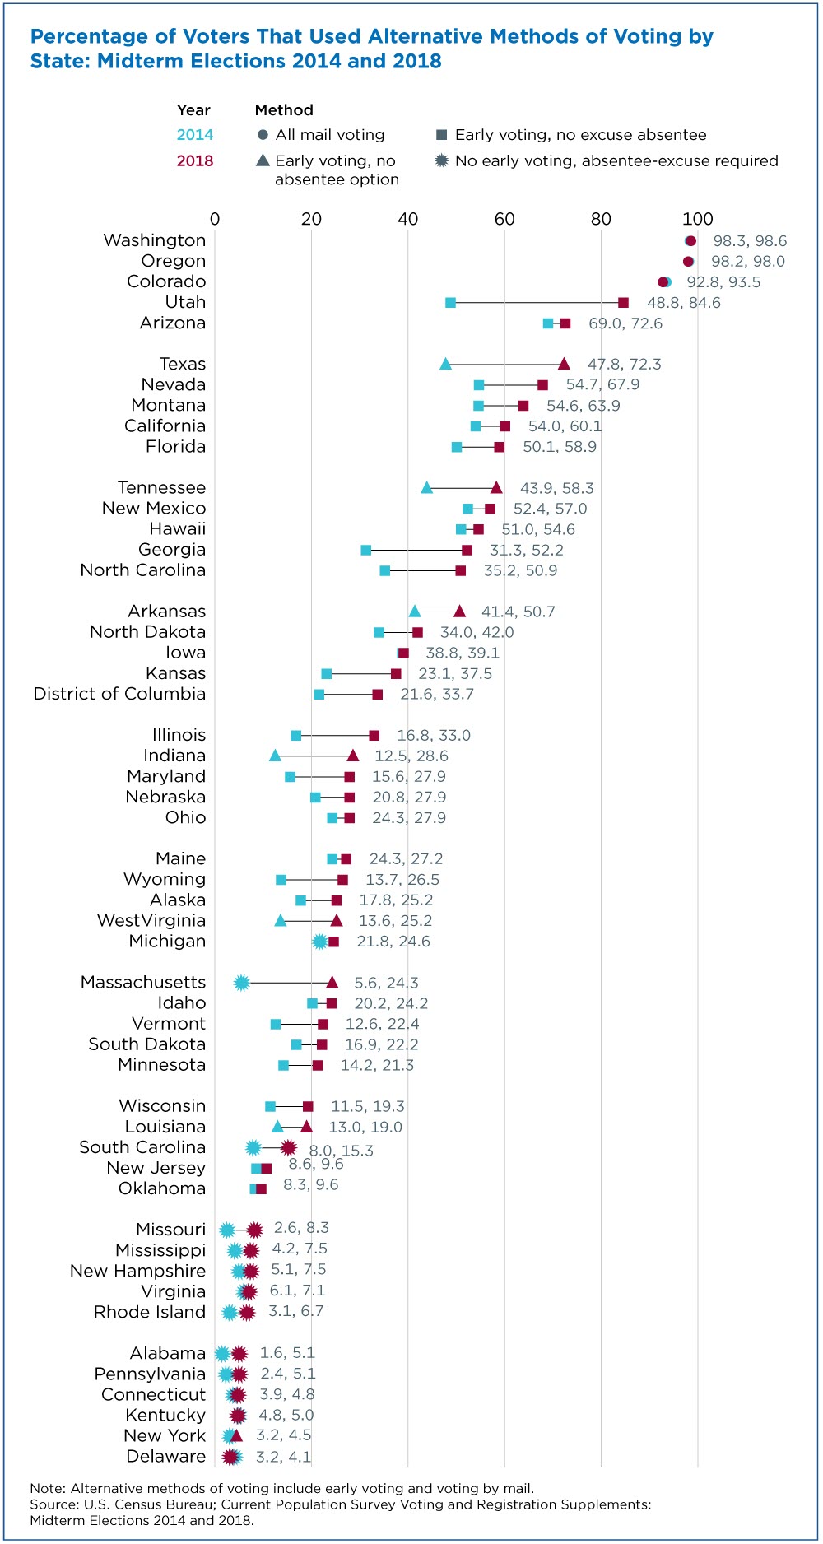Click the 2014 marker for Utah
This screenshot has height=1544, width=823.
coord(450,303)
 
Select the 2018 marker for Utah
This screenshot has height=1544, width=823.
coord(623,303)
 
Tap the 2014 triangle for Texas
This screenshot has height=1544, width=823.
coord(445,364)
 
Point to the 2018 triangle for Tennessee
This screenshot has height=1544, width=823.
coord(496,487)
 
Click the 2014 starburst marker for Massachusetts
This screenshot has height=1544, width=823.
coord(241,983)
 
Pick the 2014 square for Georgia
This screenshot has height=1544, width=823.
coord(365,550)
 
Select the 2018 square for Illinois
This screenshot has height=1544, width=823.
coord(374,736)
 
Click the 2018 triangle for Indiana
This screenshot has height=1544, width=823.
coord(353,756)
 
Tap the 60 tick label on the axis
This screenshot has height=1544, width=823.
coord(504,219)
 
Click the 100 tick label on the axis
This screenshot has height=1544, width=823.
coord(698,219)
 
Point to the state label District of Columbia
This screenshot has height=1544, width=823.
coord(119,694)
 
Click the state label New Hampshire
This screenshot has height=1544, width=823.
coord(137,1271)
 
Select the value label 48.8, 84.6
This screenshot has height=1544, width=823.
coord(684,303)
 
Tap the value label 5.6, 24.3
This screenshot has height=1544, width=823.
coord(386,983)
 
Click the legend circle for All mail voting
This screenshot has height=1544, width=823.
coord(263,135)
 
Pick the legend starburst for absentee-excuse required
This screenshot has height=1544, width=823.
coord(442,160)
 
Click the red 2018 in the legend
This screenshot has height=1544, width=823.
coord(195,160)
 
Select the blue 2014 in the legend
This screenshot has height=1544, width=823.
coord(195,135)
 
